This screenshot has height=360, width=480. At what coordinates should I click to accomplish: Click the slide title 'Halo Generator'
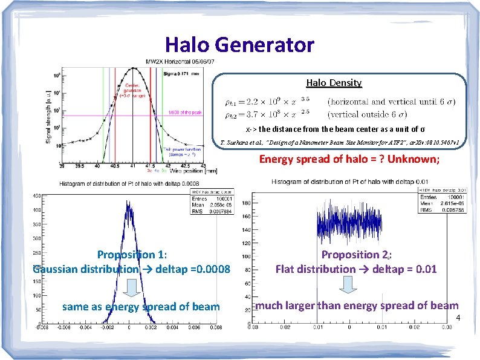239,45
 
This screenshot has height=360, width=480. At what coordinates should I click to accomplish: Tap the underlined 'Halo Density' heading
334,82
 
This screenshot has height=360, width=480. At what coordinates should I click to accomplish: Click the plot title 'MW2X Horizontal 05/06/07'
180,62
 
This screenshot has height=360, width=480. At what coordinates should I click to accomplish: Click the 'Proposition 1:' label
132,255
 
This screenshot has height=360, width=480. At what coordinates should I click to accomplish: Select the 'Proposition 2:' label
357,255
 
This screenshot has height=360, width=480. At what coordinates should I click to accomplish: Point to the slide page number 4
458,318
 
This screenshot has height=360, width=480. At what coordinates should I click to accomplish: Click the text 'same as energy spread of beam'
141,307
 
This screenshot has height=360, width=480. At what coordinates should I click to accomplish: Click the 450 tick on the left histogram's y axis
37,195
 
